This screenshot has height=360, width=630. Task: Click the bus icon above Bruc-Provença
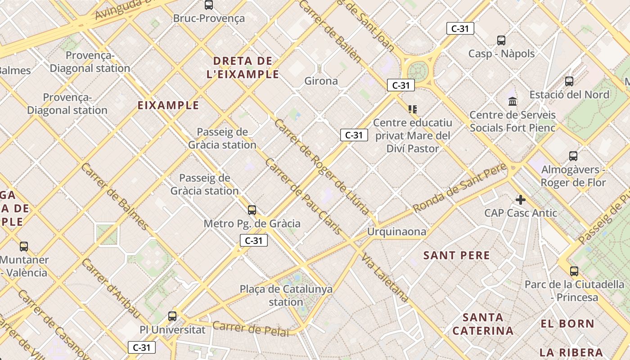(208, 5)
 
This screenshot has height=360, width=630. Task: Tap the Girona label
(321, 81)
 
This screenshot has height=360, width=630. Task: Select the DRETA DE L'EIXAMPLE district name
(243, 67)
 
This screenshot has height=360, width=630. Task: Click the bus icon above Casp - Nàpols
(501, 40)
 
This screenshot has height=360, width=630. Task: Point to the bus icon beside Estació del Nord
(569, 81)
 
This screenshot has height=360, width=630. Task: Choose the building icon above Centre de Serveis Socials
(513, 102)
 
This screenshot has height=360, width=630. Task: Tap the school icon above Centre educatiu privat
(413, 109)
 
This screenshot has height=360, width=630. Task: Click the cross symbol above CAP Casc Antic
(521, 200)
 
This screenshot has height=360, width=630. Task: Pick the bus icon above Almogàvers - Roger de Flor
(573, 156)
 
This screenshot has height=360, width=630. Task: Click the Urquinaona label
(396, 232)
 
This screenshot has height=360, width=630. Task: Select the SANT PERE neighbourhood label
(456, 256)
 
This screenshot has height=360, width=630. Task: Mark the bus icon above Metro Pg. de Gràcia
(252, 210)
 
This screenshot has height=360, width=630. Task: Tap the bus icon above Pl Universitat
(172, 316)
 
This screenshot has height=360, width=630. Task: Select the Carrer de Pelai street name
(251, 329)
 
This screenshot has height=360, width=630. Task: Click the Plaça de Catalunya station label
(286, 295)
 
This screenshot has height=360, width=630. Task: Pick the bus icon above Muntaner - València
(24, 247)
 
